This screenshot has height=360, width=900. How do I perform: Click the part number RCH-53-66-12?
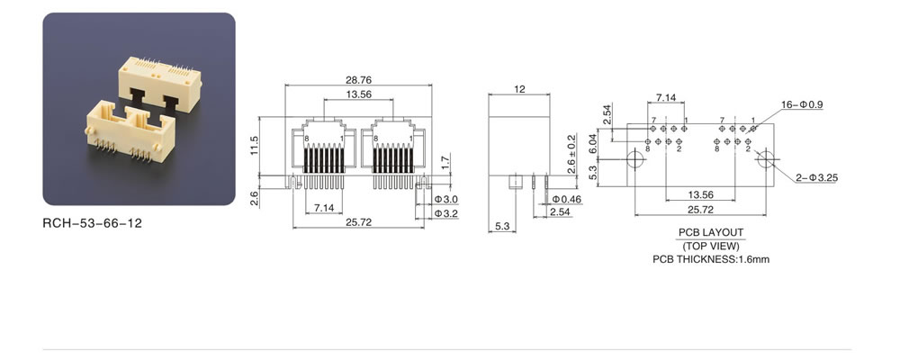(x=92, y=223)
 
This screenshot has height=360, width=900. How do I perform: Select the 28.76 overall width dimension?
(x=358, y=80)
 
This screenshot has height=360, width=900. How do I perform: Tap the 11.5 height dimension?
(x=255, y=145)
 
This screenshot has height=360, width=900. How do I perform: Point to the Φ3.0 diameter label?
(x=446, y=199)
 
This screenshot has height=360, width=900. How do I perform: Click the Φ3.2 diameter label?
(x=446, y=213)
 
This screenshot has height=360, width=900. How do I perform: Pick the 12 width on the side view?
(x=519, y=89)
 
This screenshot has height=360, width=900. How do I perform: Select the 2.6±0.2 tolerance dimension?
(x=571, y=154)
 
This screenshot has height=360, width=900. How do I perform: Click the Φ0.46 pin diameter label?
(x=566, y=199)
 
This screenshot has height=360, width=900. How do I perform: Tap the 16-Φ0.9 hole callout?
(x=802, y=104)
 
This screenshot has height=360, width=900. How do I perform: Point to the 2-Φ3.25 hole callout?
(x=816, y=178)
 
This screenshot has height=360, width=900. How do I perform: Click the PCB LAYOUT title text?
(x=711, y=232)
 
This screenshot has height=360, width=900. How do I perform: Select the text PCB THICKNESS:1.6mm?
(x=711, y=259)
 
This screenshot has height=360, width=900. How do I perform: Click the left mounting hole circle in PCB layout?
(x=634, y=158)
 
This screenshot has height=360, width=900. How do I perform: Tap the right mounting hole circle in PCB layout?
(x=766, y=158)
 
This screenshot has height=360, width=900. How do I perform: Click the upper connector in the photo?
(x=160, y=84)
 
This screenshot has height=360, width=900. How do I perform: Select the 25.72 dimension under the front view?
(x=358, y=222)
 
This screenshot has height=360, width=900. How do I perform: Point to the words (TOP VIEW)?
(x=711, y=247)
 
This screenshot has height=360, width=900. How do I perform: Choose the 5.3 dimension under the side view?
(x=501, y=227)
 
